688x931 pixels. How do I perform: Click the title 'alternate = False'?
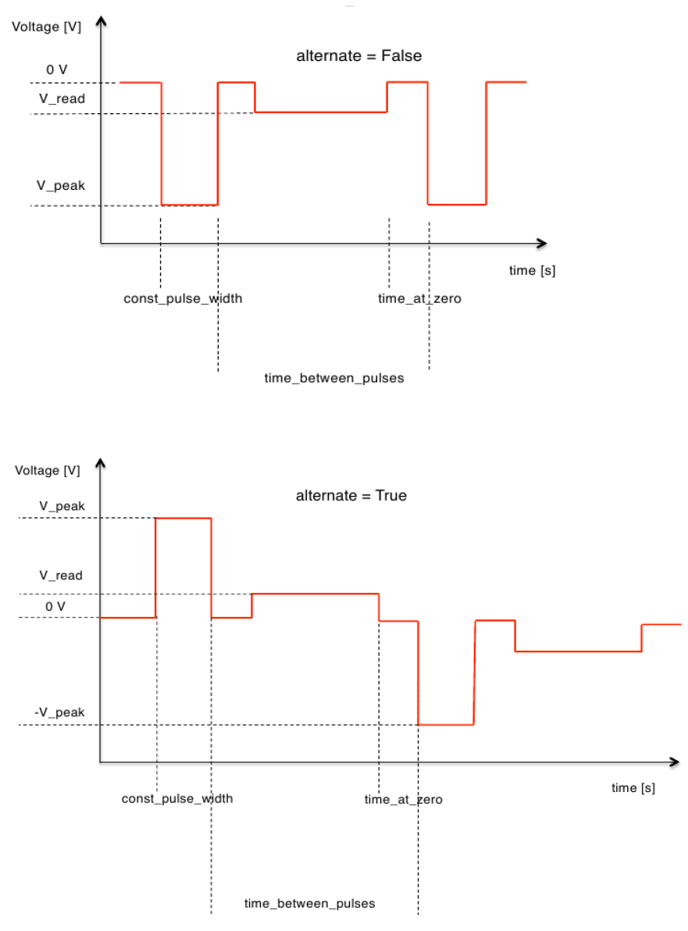[x=358, y=56]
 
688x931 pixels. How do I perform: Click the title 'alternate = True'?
[x=351, y=495]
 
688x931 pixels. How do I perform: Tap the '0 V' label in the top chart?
[x=57, y=70]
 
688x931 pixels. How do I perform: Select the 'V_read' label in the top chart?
[x=62, y=99]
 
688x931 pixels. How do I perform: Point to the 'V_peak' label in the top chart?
[x=62, y=186]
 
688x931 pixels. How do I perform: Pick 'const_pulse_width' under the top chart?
[x=183, y=298]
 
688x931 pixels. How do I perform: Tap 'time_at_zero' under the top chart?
[x=419, y=298]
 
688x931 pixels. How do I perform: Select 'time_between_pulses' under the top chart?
[x=334, y=378]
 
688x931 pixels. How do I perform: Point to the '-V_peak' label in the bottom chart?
[x=59, y=712]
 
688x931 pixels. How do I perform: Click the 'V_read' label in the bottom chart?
[x=61, y=576]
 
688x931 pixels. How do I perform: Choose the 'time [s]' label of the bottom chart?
[x=633, y=788]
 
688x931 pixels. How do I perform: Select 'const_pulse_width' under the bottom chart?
[x=177, y=798]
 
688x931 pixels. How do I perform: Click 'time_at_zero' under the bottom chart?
[x=404, y=800]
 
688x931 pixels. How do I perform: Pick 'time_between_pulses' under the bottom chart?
[x=310, y=904]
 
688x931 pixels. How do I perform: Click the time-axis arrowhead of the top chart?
[x=540, y=244]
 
